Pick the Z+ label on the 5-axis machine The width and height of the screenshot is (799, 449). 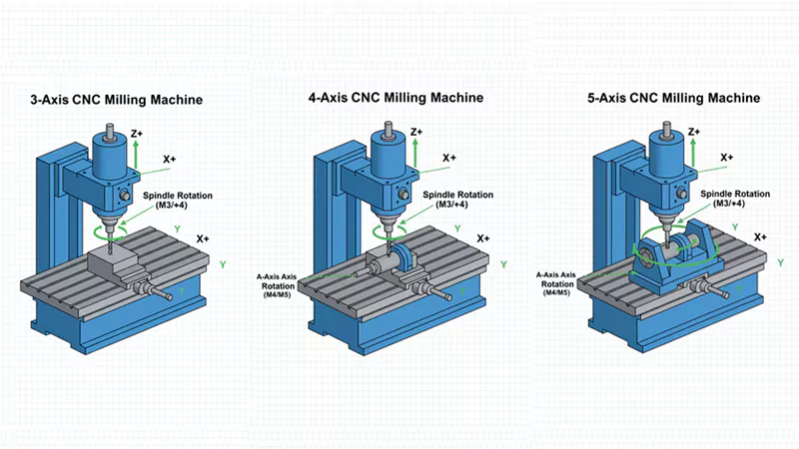coord(696,132)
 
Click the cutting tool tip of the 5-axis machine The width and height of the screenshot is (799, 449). coord(661,231)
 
